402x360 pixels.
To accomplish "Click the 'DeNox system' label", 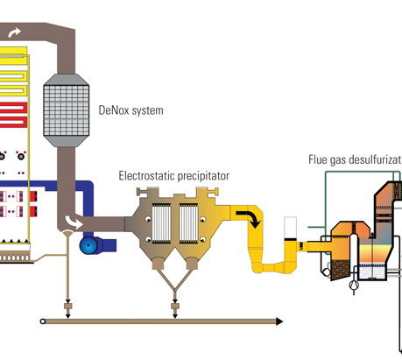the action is [x=130, y=110].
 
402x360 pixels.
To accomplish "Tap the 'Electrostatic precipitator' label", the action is [x=174, y=176].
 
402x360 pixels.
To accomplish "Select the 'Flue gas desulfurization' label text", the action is [x=355, y=159].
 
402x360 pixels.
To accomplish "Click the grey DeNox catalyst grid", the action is [x=67, y=110].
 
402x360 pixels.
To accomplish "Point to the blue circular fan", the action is [x=88, y=245].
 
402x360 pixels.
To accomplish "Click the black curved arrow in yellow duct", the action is [x=249, y=218].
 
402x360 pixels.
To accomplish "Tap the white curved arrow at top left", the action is [x=14, y=32].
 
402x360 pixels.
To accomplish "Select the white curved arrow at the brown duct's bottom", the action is [x=74, y=222].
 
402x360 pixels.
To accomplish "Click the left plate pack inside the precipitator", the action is [x=161, y=223].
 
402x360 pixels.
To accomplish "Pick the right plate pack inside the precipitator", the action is [x=188, y=223].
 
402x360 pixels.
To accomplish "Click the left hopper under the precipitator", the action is [x=159, y=263].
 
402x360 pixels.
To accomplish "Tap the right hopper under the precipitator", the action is [x=192, y=263].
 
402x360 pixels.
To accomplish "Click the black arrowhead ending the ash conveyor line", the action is [x=279, y=321].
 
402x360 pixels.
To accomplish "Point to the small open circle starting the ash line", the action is [x=43, y=321].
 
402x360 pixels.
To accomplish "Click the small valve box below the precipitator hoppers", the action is [x=175, y=307].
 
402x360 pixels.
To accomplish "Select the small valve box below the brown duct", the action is [x=67, y=307].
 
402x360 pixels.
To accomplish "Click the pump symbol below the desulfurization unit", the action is [x=354, y=284].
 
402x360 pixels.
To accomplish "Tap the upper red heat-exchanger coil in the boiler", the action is [x=13, y=108].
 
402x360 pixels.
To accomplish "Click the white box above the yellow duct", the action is [x=290, y=228].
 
